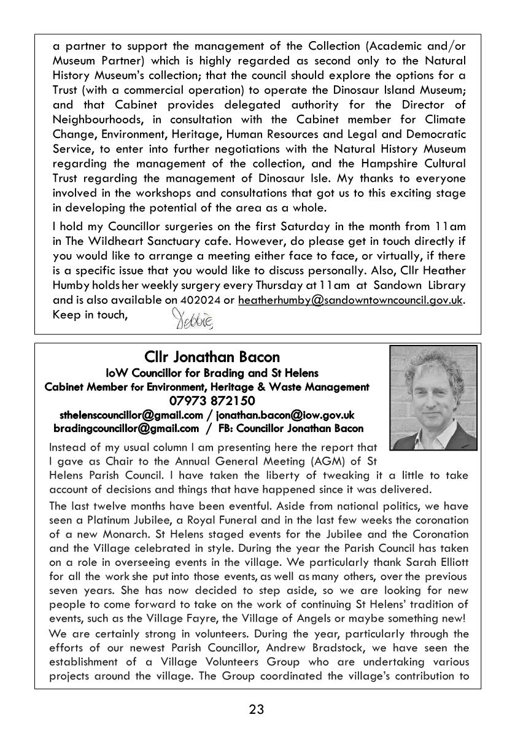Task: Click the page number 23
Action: point(257,710)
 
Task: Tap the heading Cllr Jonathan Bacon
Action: point(212,357)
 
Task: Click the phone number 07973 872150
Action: point(212,401)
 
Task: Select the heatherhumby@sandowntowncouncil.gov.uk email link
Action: point(350,300)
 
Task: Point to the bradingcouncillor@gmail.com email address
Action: point(126,428)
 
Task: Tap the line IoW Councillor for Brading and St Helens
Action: point(212,373)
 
